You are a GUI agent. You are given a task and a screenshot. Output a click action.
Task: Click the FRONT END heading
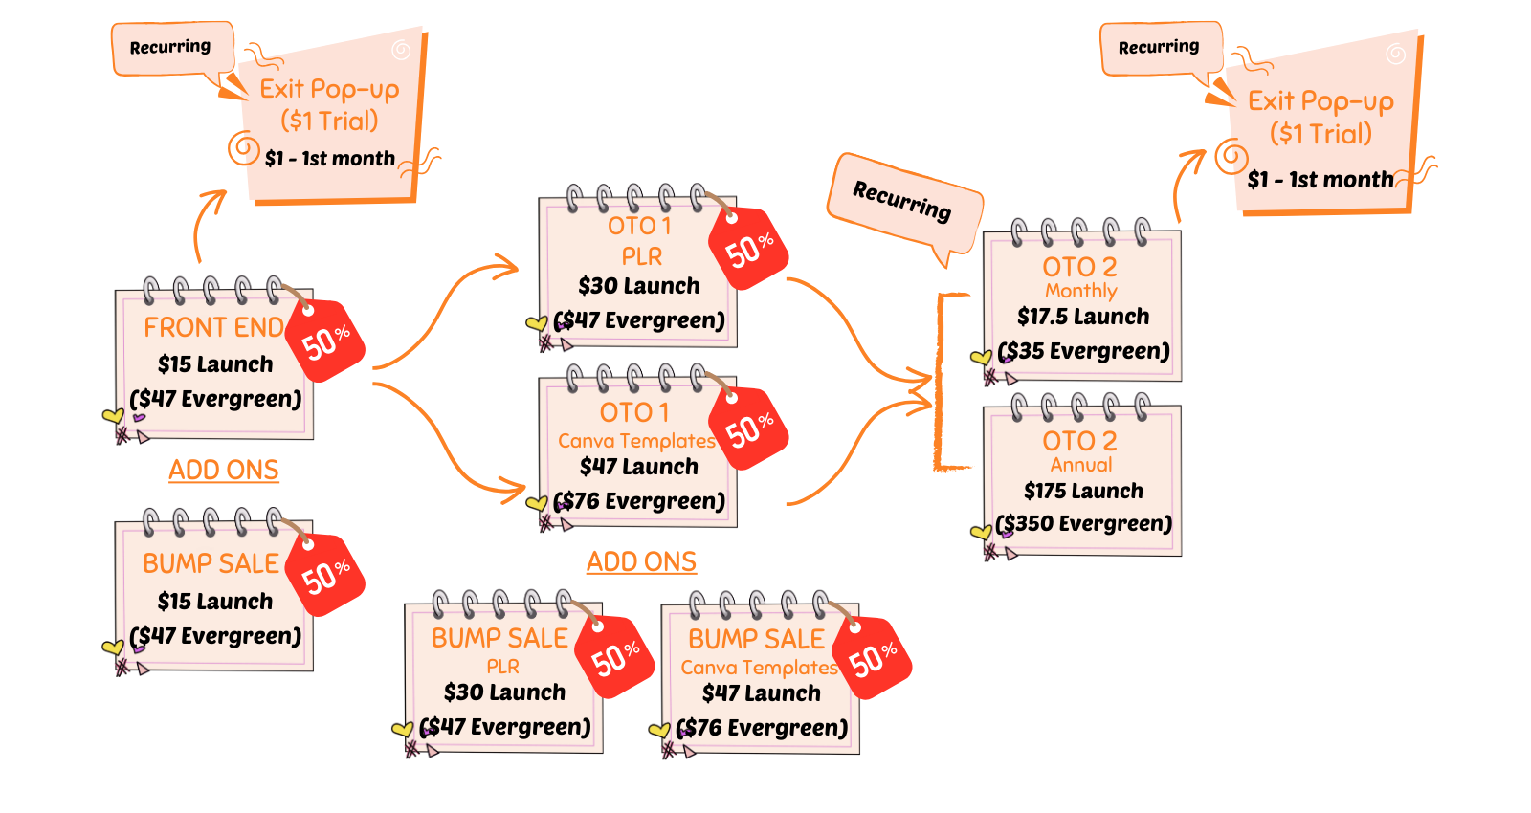(214, 328)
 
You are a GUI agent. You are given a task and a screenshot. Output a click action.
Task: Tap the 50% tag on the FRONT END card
(324, 341)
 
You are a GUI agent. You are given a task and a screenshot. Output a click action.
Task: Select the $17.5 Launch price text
(1083, 317)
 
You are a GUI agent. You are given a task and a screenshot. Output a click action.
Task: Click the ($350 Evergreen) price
(1083, 524)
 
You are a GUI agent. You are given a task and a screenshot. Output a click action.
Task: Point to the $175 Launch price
(1083, 492)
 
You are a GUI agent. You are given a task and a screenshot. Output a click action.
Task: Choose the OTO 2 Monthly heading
(1080, 277)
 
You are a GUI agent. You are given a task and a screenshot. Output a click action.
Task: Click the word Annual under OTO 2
(1081, 465)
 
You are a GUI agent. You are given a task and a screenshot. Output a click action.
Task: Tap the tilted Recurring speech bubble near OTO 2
(903, 204)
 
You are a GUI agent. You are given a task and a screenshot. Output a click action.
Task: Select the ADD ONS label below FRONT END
(224, 470)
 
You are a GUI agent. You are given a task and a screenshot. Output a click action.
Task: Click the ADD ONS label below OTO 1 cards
(641, 561)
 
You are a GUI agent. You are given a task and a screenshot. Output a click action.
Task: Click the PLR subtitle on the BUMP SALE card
(503, 667)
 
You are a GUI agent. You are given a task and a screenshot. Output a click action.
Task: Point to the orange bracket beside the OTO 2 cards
(939, 383)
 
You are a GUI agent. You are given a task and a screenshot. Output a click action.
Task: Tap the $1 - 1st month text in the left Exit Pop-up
(330, 159)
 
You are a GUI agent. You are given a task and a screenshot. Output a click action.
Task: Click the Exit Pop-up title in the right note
(1320, 101)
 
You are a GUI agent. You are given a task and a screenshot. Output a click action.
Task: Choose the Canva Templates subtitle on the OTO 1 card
(636, 441)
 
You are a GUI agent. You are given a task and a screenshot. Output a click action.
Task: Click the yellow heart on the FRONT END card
(113, 415)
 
